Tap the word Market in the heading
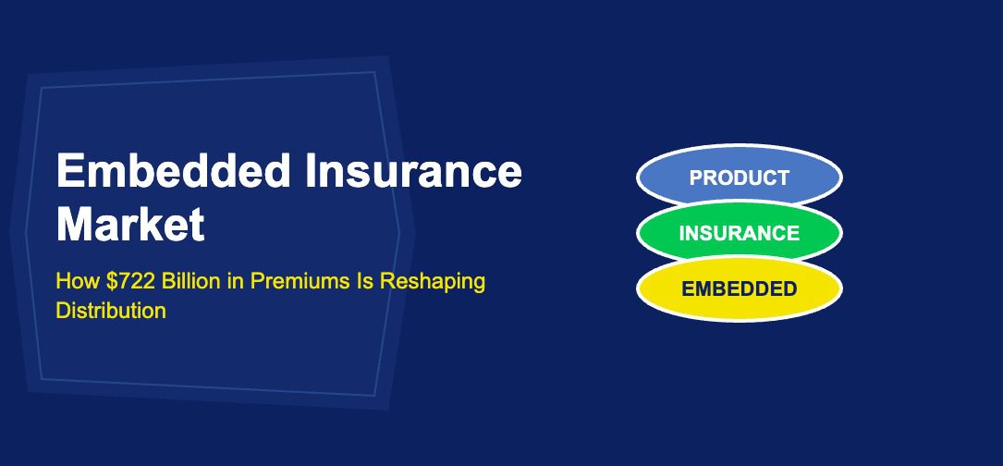pyautogui.click(x=130, y=225)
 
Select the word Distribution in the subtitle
pyautogui.click(x=111, y=311)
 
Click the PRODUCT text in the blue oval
pyautogui.click(x=739, y=178)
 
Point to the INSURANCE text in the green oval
pyautogui.click(x=739, y=233)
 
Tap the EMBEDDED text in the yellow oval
pyautogui.click(x=739, y=288)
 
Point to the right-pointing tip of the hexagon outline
pyautogui.click(x=399, y=234)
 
